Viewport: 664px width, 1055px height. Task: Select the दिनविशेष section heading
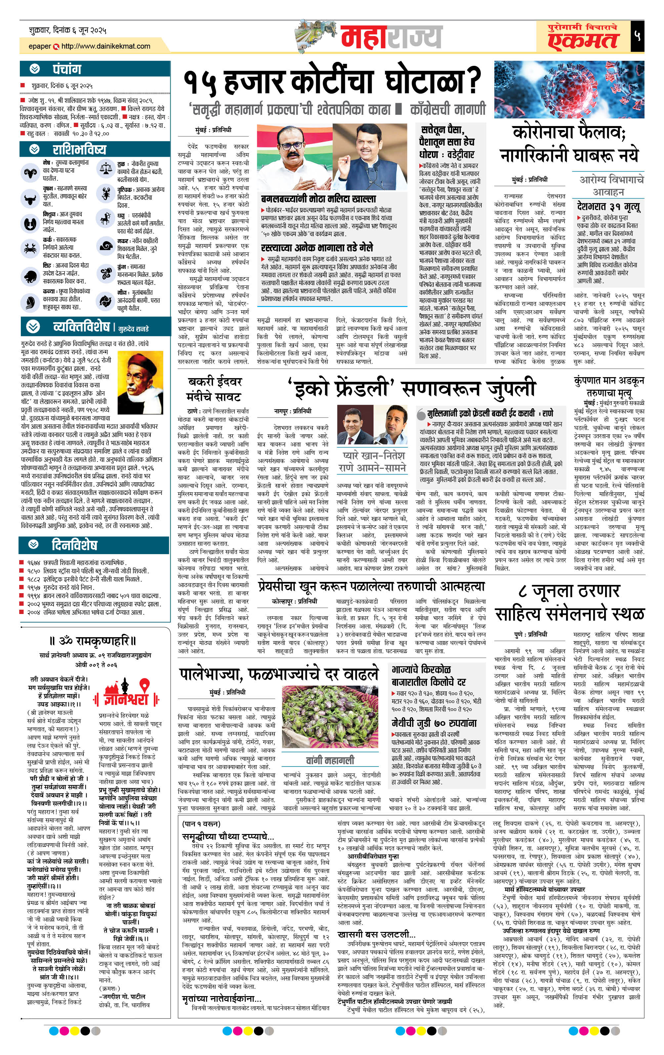click(x=74, y=545)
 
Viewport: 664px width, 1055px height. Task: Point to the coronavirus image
click(x=568, y=90)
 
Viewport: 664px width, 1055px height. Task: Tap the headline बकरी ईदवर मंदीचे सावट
click(x=214, y=389)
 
